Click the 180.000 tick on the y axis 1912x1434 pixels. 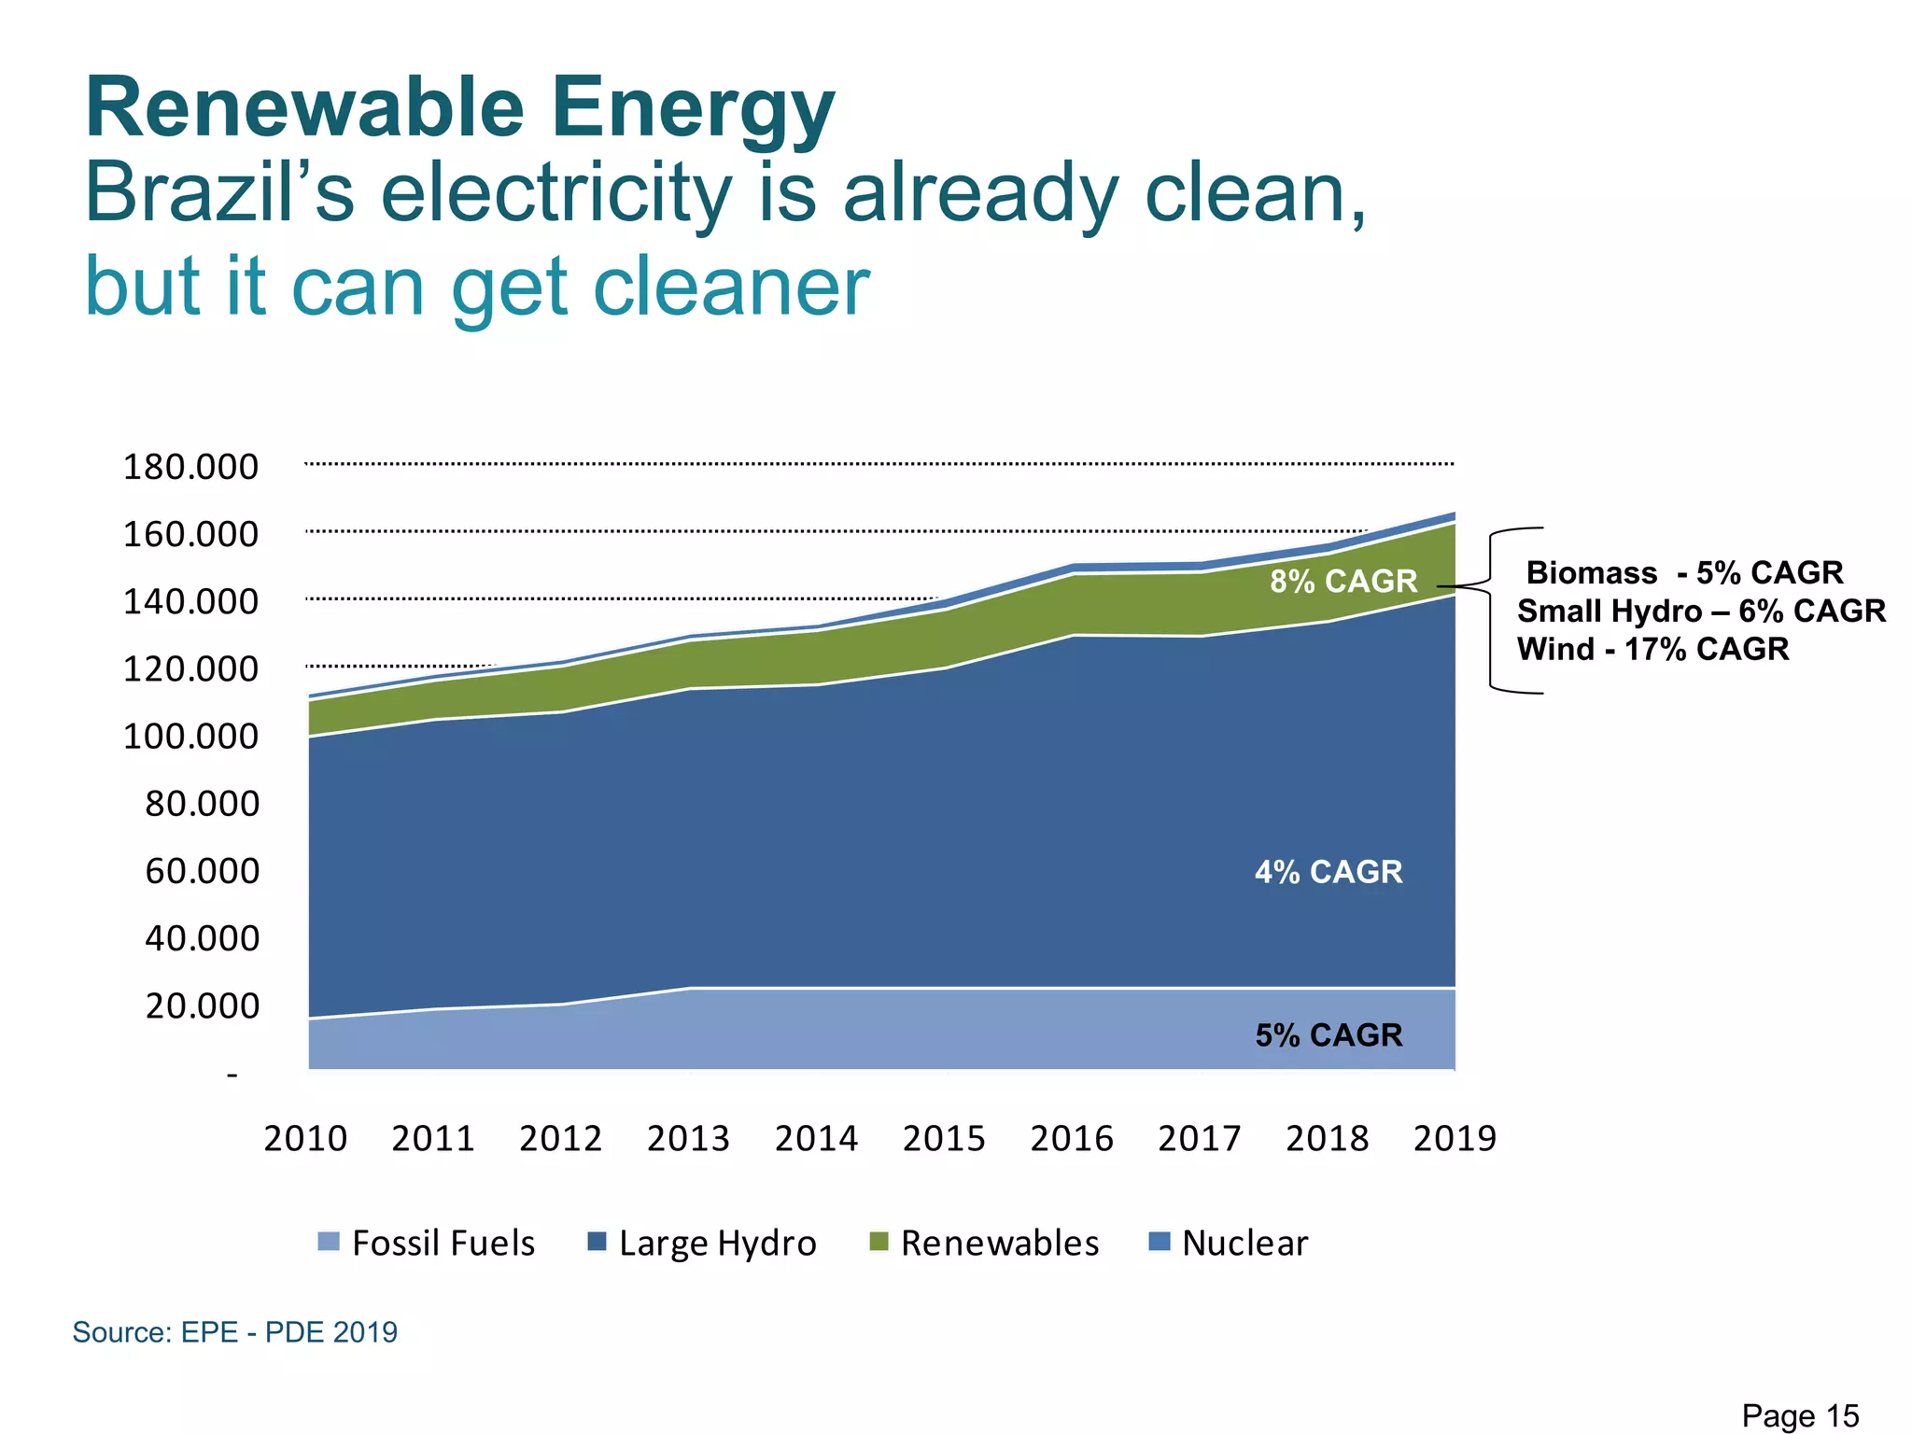point(190,467)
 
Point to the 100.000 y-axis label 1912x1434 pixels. point(190,737)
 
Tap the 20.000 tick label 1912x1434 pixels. point(202,1006)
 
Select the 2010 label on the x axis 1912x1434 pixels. point(305,1139)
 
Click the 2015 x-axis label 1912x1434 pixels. point(944,1139)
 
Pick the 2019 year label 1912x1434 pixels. point(1455,1139)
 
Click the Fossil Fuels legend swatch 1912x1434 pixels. point(329,1242)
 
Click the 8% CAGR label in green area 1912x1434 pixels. point(1343,582)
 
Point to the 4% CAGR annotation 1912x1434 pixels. point(1329,872)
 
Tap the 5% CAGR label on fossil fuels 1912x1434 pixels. point(1329,1035)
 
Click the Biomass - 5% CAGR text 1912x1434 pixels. point(1684,572)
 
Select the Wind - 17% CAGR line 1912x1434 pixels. point(1652,649)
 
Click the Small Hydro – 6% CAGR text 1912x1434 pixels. point(1701,612)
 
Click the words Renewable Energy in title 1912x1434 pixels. point(459,108)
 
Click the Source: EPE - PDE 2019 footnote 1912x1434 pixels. point(235,1331)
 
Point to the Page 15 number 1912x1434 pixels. point(1800,1415)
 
